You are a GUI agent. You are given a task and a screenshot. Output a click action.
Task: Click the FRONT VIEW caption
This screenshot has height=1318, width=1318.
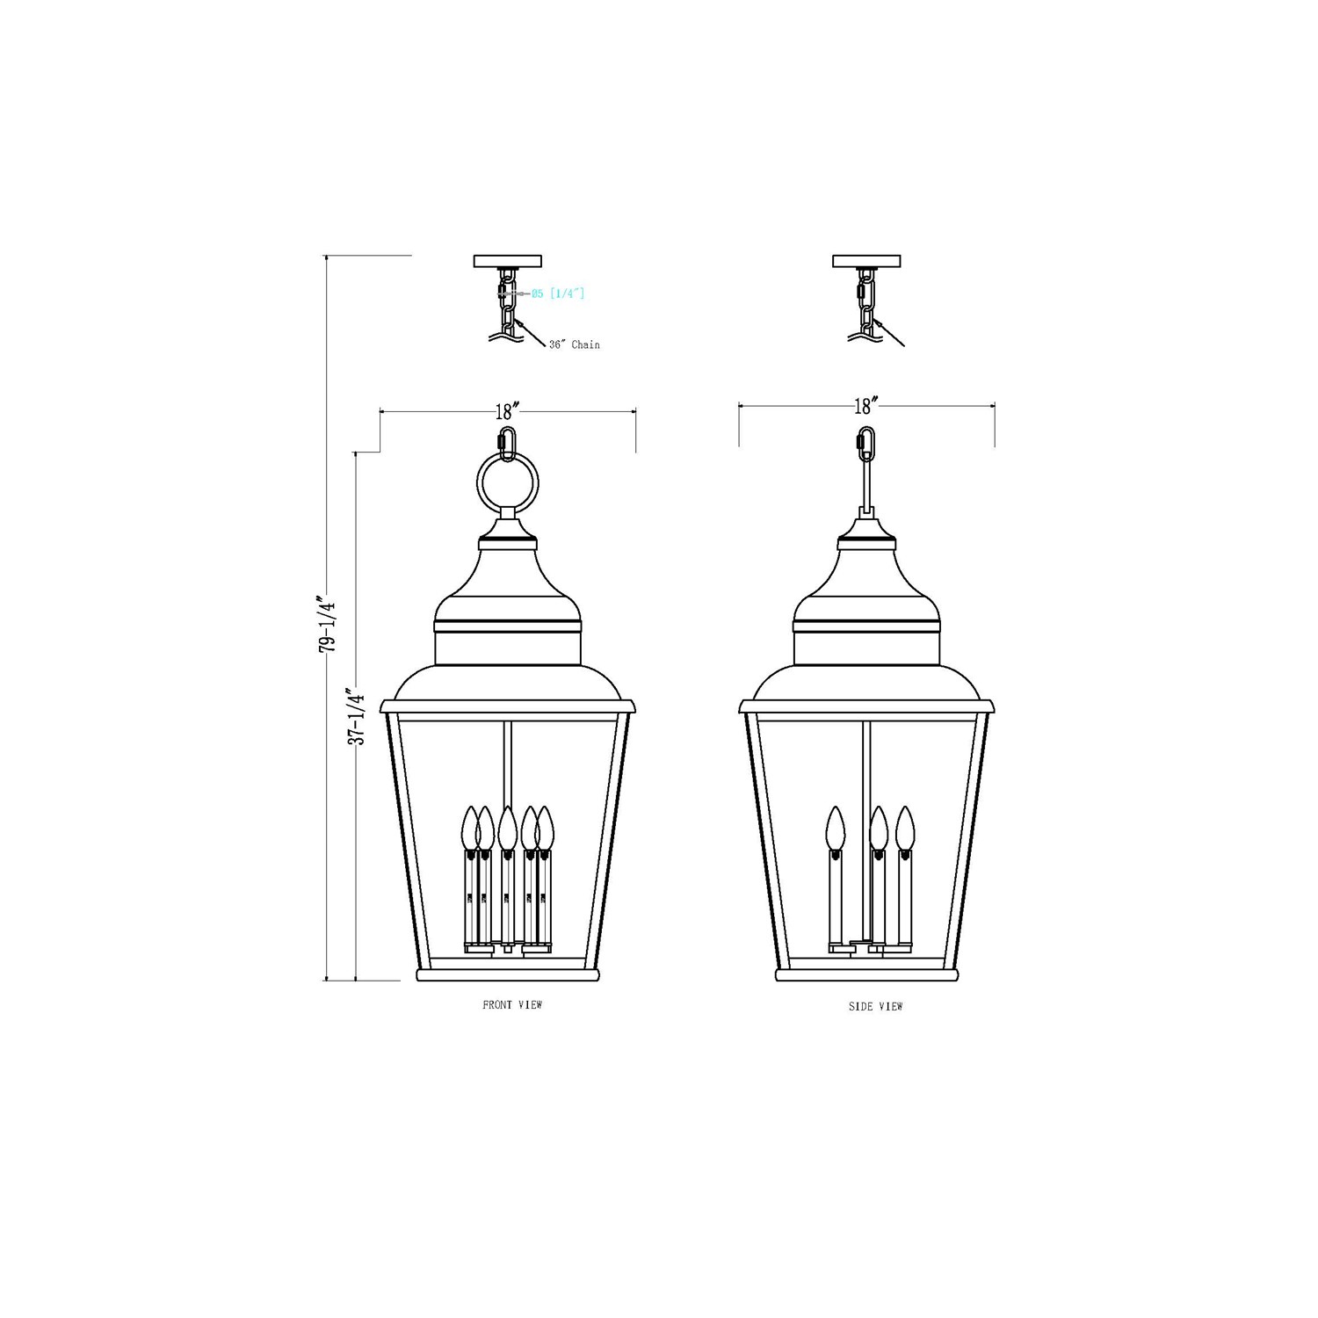(x=512, y=1004)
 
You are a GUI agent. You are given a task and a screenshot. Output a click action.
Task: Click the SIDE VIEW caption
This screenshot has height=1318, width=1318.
(x=875, y=1006)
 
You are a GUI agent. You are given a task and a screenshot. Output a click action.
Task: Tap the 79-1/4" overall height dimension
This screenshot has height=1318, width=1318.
(x=328, y=623)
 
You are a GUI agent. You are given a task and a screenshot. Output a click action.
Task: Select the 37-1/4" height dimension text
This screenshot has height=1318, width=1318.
(x=355, y=716)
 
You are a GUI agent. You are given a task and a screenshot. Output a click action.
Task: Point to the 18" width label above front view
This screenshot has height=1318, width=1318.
(x=508, y=411)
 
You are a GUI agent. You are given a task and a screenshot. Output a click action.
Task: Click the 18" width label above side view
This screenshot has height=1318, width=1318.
(x=866, y=406)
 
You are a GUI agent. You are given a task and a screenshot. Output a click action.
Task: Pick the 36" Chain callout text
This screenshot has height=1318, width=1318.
(x=575, y=344)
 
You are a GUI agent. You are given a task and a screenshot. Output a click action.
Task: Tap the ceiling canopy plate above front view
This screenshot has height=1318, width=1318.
(x=508, y=261)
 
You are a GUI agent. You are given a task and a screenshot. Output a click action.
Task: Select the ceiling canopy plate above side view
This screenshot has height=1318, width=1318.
(x=866, y=261)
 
